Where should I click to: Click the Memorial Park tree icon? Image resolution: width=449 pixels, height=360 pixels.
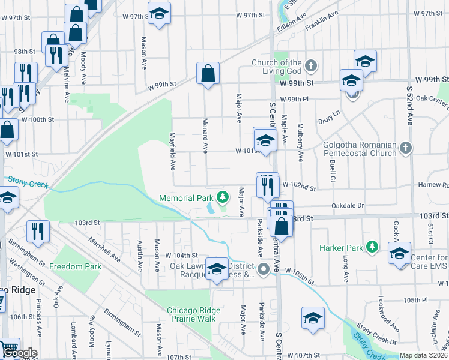pyautogui.click(x=223, y=197)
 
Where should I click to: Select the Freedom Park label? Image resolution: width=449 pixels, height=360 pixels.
pyautogui.click(x=76, y=266)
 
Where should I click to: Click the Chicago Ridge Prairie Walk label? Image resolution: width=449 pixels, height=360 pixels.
pyautogui.click(x=193, y=314)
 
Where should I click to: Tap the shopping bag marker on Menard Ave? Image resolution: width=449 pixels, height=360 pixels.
pyautogui.click(x=208, y=74)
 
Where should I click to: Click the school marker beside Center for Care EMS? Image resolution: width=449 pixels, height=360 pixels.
pyautogui.click(x=399, y=253)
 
